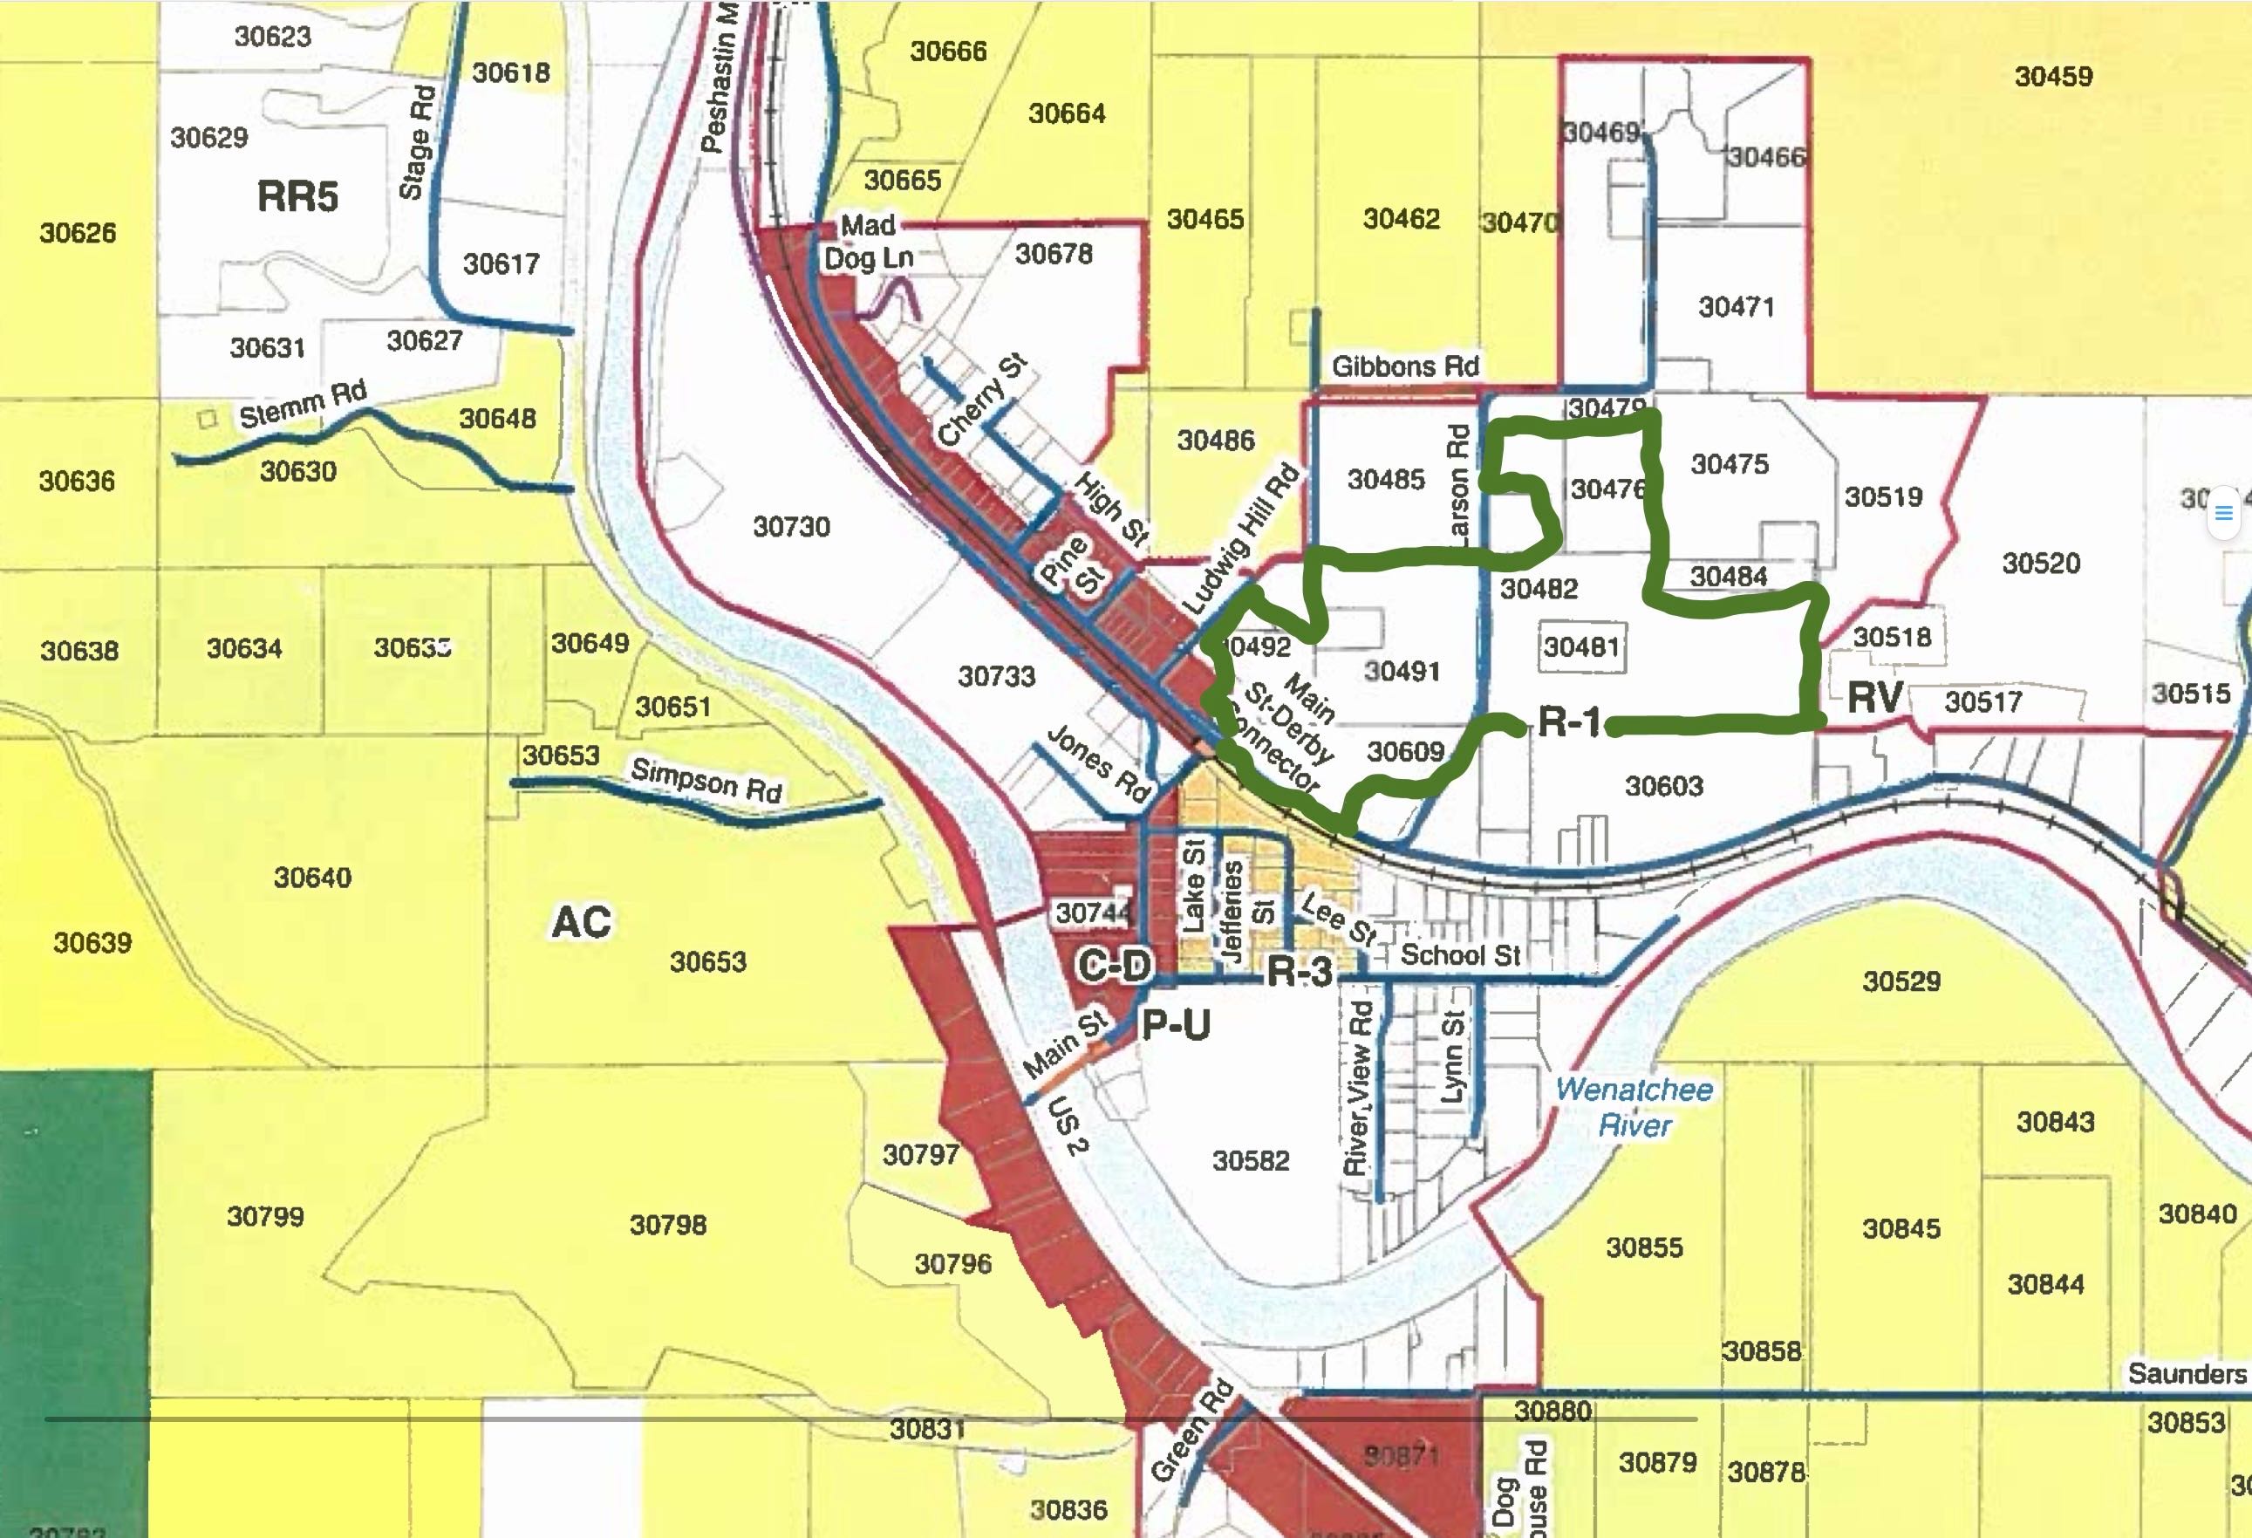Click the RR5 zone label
click(x=297, y=197)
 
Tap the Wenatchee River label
click(x=1634, y=1107)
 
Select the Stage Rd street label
click(x=418, y=141)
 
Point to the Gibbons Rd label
click(x=1404, y=366)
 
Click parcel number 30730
click(x=792, y=527)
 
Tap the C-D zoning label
click(x=1115, y=965)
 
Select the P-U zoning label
click(x=1176, y=1024)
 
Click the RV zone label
click(x=1875, y=698)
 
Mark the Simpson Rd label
click(x=706, y=780)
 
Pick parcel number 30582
click(x=1250, y=1161)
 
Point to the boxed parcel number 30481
click(x=1580, y=646)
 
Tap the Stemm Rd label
click(x=304, y=404)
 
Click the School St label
click(x=1459, y=955)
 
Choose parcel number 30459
click(x=2052, y=77)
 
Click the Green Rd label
click(x=1192, y=1431)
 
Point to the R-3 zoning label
click(x=1300, y=971)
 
